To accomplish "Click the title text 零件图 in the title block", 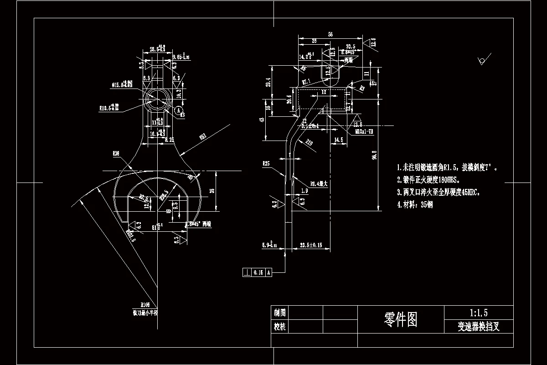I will click(x=401, y=320).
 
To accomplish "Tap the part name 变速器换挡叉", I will click(x=479, y=327).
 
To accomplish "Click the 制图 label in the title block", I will click(x=279, y=313).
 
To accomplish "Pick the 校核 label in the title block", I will click(x=279, y=327).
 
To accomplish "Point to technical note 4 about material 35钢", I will click(x=414, y=205).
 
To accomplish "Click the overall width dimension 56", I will click(x=330, y=34).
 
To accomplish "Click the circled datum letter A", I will click(x=179, y=110).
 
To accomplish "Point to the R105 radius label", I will click(x=145, y=304).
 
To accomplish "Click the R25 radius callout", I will click(x=266, y=163).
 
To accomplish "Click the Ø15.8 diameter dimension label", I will click(x=122, y=84).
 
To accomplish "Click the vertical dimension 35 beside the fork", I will click(x=212, y=191).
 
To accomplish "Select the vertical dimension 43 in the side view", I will click(x=261, y=120).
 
